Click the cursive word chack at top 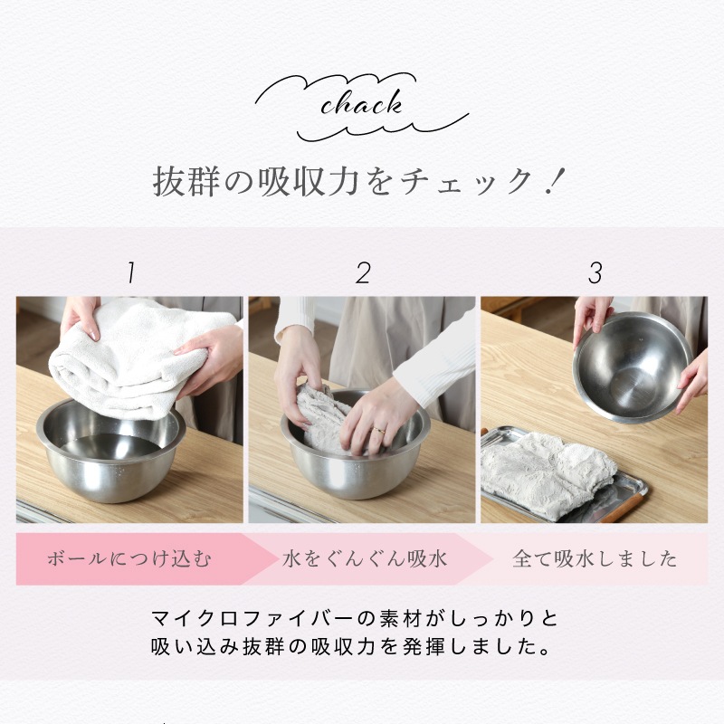click(361, 105)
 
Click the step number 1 click(130, 271)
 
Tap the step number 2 click(363, 271)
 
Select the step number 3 click(595, 271)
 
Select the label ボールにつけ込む click(129, 558)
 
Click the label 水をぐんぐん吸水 click(363, 558)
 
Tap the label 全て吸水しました click(595, 558)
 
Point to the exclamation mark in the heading click(554, 180)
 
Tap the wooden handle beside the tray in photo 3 click(625, 504)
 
